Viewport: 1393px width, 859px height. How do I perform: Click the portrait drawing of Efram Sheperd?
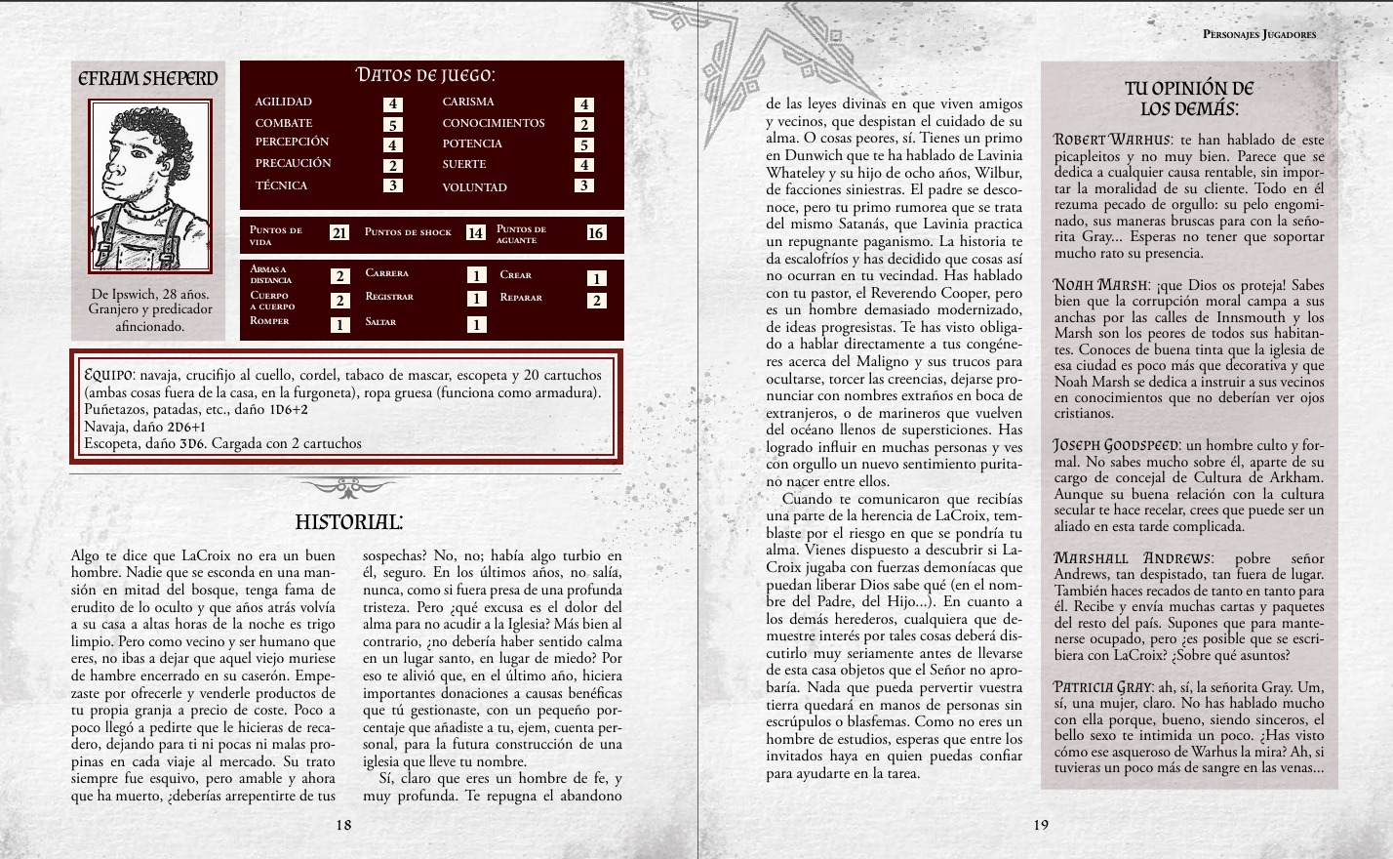[x=149, y=185]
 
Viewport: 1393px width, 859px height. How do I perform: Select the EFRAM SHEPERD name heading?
[x=148, y=78]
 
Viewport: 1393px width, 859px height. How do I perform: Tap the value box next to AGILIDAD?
[x=392, y=103]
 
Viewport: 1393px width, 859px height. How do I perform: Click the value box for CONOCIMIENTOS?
[x=583, y=124]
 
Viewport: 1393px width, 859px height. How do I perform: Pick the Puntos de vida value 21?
[x=339, y=232]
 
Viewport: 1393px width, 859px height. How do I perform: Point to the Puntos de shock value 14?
[x=475, y=232]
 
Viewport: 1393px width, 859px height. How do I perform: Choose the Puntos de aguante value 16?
[x=596, y=232]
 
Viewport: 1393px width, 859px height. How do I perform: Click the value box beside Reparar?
[x=596, y=301]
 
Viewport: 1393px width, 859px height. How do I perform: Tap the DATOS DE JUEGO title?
[x=424, y=75]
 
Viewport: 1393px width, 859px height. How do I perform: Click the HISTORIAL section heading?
[x=348, y=522]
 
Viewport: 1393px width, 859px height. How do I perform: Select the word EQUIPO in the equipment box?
[x=108, y=375]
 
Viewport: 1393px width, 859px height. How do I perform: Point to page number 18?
[x=343, y=825]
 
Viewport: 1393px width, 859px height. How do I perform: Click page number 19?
[x=1041, y=825]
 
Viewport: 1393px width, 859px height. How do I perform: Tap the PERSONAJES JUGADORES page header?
[x=1259, y=34]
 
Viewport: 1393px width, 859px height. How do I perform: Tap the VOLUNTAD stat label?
[x=474, y=187]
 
